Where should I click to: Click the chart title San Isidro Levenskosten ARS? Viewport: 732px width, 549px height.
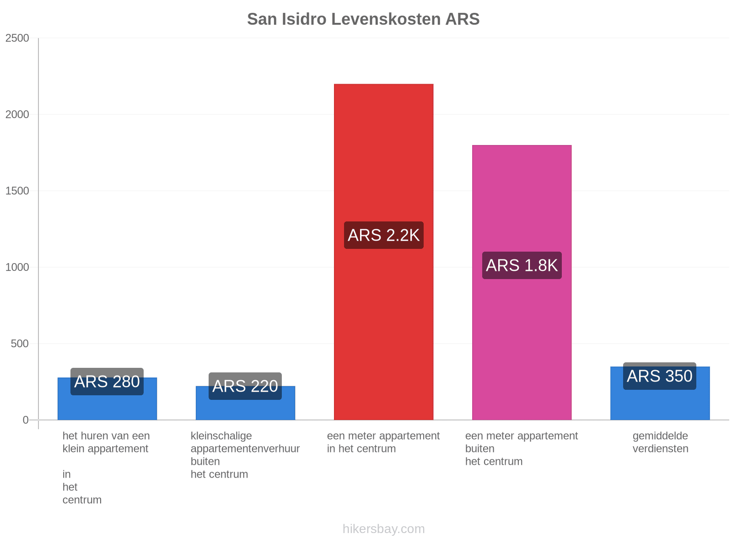pos(363,19)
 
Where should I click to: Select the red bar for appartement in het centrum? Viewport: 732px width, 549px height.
pos(383,252)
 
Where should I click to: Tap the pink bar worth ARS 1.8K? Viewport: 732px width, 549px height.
pos(522,282)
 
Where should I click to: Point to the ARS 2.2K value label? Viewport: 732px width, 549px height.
pos(383,235)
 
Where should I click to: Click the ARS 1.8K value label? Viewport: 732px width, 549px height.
pos(522,265)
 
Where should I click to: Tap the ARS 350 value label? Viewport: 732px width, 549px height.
pos(660,376)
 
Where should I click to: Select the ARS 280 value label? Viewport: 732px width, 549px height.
pos(107,382)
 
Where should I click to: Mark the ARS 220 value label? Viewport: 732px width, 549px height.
pos(245,386)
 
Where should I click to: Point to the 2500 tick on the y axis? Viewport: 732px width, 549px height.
pos(17,38)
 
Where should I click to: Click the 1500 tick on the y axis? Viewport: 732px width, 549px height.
pos(17,191)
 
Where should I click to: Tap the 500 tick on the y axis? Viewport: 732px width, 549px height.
pos(20,343)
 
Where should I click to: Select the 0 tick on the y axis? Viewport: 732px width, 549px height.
pos(26,420)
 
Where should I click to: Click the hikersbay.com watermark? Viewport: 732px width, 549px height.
pos(383,529)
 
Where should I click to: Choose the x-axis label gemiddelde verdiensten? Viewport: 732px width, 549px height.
pos(660,442)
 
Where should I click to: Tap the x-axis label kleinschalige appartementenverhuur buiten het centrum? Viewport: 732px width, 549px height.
pos(245,455)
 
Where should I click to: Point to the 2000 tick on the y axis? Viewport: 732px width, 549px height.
pos(17,114)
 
